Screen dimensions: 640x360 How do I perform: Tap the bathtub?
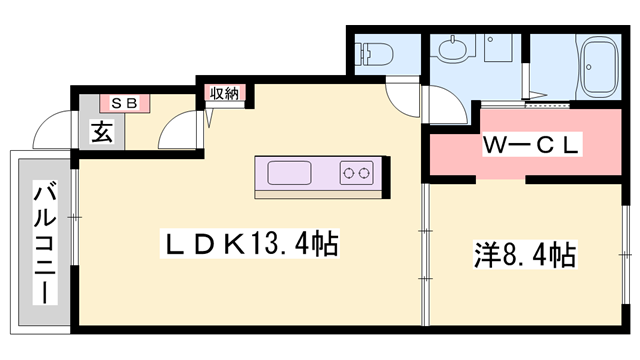coord(600,67)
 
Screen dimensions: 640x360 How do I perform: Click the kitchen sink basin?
coord(289,173)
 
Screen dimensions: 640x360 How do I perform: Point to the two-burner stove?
coord(357,173)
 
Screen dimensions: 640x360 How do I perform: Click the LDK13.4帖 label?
coord(249,244)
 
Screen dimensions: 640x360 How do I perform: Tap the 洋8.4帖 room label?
coord(525,255)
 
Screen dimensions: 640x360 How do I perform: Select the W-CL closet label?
coord(532,144)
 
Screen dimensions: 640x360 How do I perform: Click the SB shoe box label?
coord(124,103)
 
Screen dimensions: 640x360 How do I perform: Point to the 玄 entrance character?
coord(102,131)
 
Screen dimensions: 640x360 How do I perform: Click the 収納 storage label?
coord(224,93)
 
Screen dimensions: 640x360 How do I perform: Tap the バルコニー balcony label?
coord(44,243)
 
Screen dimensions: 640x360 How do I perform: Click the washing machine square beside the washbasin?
coord(498,48)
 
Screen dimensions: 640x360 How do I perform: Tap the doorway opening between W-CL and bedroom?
coord(500,179)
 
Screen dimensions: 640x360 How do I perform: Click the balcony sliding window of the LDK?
coord(74,217)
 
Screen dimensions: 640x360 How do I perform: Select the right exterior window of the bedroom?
coord(625,255)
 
